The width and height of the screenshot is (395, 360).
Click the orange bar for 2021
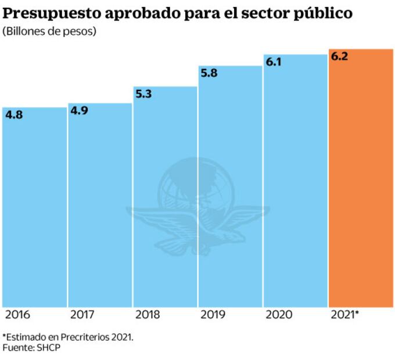pos(361,180)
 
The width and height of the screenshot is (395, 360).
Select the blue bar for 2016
pos(34,209)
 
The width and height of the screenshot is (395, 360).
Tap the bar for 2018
pos(165,197)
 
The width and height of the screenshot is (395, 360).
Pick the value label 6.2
pos(339,57)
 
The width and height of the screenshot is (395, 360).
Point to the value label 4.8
pos(14,115)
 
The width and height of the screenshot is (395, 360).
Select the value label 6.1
pos(274,62)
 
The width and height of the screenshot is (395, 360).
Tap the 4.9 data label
pos(79,111)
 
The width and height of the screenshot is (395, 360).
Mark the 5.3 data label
pos(144,94)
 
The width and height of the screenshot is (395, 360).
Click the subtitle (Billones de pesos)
pos(49,31)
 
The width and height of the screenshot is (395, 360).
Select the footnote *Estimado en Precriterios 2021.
pos(68,337)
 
